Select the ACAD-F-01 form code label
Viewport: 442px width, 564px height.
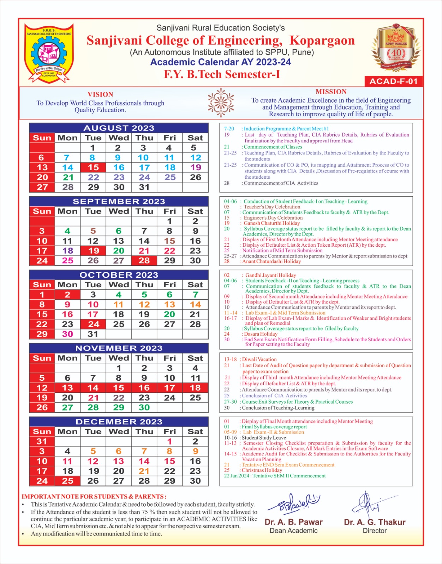tap(393, 81)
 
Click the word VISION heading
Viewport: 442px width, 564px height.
tap(100, 94)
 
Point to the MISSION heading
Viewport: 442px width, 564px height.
tap(331, 92)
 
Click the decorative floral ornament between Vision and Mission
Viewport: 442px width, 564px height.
tap(221, 103)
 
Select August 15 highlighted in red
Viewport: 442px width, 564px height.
tap(93, 167)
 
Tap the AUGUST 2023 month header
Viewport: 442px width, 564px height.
tap(119, 128)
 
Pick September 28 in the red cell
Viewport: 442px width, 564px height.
tap(144, 260)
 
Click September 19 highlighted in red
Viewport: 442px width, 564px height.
tap(93, 251)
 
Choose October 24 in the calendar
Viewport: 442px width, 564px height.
tap(93, 324)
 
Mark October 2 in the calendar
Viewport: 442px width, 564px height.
tap(67, 295)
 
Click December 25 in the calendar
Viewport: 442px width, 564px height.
tap(67, 481)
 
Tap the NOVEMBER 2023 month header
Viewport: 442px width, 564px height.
tap(119, 348)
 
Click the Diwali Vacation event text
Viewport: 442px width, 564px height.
tap(259, 359)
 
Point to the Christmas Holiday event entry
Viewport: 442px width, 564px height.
tap(262, 470)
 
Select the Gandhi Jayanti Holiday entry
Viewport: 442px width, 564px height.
tap(270, 275)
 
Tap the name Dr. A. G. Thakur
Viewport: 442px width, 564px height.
tap(375, 522)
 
